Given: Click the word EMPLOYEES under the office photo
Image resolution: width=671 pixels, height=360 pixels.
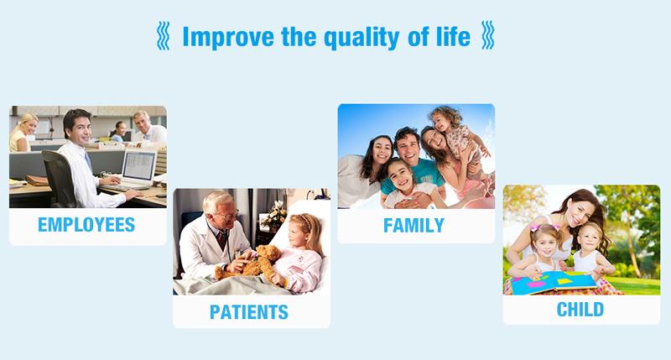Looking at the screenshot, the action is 86,225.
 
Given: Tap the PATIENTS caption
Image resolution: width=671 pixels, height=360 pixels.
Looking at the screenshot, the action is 248,312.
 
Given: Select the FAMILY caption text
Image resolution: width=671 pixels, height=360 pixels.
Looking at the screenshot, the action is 414,226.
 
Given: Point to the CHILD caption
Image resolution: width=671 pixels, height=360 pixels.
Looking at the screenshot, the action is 580,309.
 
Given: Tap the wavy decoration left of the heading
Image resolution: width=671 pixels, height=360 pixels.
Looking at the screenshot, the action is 163,36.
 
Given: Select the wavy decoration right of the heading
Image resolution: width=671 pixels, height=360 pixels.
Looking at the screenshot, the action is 488,35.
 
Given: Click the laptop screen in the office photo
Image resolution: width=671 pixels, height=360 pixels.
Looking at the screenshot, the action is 138,166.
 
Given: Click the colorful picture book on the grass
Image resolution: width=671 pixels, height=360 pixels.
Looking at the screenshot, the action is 554,283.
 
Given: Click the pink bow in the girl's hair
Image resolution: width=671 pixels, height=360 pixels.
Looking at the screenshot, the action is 535,227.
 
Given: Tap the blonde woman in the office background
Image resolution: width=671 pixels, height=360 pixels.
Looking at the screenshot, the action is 23,132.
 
